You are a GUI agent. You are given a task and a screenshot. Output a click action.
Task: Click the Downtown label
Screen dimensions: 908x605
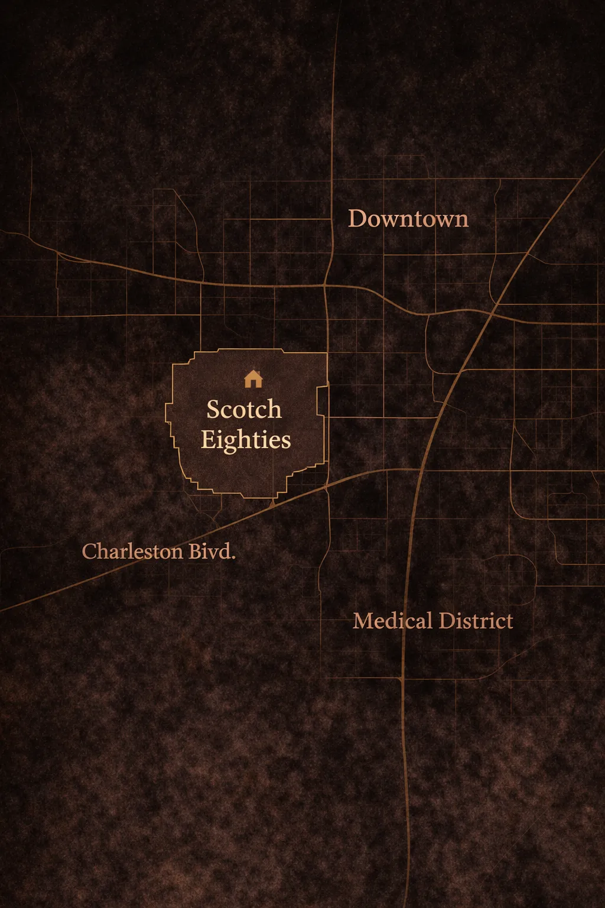(x=408, y=219)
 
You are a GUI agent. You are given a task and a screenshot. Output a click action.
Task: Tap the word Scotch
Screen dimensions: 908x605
(x=244, y=409)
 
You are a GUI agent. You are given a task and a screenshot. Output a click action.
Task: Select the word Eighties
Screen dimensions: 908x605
(x=246, y=440)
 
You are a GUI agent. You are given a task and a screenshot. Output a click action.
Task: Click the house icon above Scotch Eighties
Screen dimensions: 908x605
(x=253, y=378)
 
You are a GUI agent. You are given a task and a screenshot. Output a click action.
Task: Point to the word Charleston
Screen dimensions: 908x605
(x=132, y=552)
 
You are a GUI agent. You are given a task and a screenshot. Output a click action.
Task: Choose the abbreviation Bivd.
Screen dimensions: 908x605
(x=212, y=552)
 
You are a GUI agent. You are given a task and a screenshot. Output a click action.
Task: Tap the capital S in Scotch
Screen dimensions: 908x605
(x=213, y=409)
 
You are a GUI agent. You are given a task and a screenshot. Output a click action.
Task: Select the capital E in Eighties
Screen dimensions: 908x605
(x=208, y=440)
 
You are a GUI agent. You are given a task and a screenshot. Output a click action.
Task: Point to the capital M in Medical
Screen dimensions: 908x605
(x=362, y=621)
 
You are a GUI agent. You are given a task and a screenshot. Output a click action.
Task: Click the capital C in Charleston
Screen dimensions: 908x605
(x=89, y=552)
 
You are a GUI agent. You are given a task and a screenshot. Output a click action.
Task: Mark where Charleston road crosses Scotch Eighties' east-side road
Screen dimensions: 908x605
(x=327, y=487)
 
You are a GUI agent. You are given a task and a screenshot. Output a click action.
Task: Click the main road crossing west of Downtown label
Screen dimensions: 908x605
(x=326, y=286)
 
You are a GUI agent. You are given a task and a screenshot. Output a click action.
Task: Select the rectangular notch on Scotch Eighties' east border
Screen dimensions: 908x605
(x=323, y=400)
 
